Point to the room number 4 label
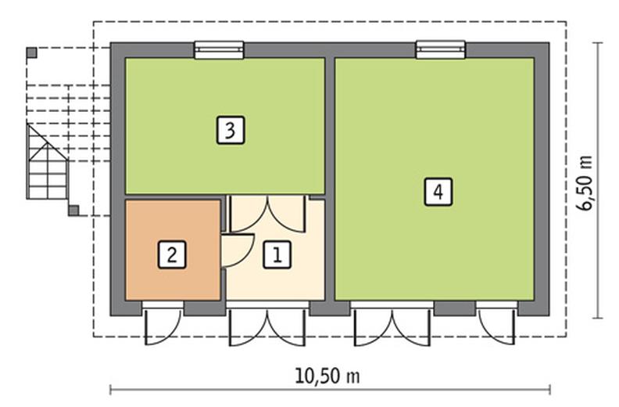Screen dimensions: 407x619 [438, 192]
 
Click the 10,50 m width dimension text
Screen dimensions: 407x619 [328, 376]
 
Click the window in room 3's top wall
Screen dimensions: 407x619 [219, 50]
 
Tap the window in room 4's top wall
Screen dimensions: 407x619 [441, 50]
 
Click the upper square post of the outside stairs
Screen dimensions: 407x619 [31, 52]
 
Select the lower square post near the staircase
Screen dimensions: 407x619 [73, 210]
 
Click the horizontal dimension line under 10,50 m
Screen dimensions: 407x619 [328, 389]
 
